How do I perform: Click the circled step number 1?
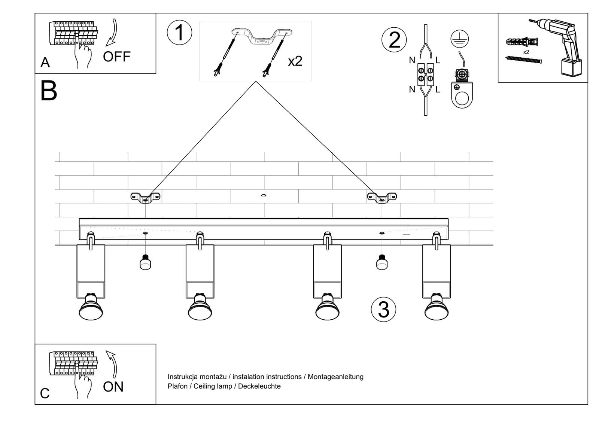[x=179, y=33]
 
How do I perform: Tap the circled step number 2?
[x=394, y=40]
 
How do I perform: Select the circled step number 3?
[x=383, y=310]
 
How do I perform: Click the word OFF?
[x=116, y=57]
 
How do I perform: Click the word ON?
[x=113, y=387]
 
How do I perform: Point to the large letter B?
[x=49, y=91]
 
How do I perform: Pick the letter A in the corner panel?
[x=45, y=63]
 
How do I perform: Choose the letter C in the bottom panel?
[x=45, y=393]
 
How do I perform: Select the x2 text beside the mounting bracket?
[x=295, y=61]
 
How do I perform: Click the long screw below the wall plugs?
[x=523, y=60]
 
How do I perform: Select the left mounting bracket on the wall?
[x=145, y=197]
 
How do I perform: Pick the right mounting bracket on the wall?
[x=382, y=197]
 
